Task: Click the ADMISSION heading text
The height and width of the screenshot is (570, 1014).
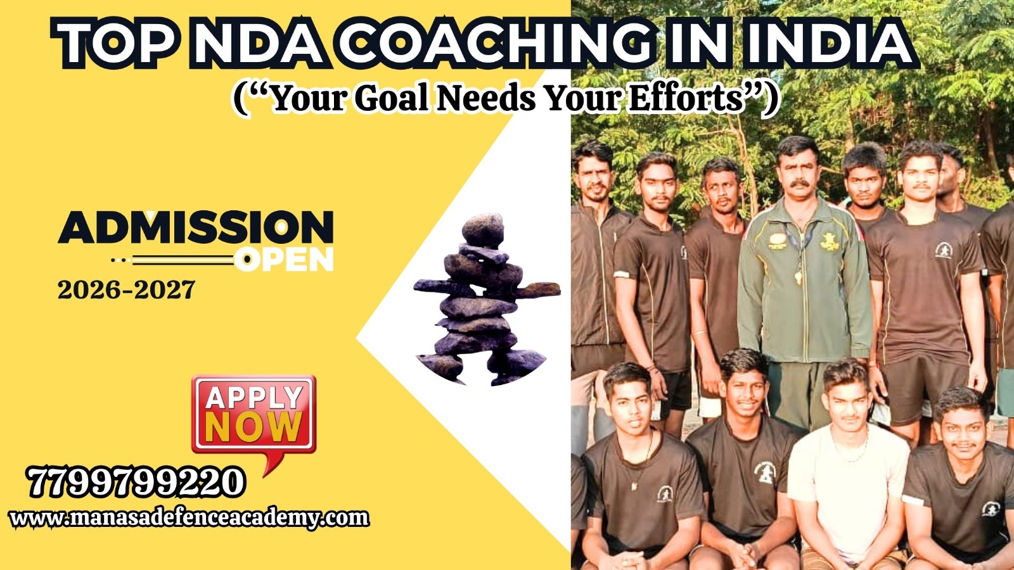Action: [196, 227]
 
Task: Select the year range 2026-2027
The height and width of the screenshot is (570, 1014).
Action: [126, 290]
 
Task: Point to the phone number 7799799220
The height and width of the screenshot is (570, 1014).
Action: [136, 483]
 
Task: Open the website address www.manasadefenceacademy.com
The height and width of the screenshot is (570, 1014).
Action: [189, 519]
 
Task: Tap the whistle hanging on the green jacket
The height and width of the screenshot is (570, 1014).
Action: [798, 275]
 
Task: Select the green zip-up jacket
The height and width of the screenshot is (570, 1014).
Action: [805, 281]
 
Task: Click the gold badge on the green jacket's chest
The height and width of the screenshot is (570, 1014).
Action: [830, 243]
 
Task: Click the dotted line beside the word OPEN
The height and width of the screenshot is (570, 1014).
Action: [172, 260]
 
